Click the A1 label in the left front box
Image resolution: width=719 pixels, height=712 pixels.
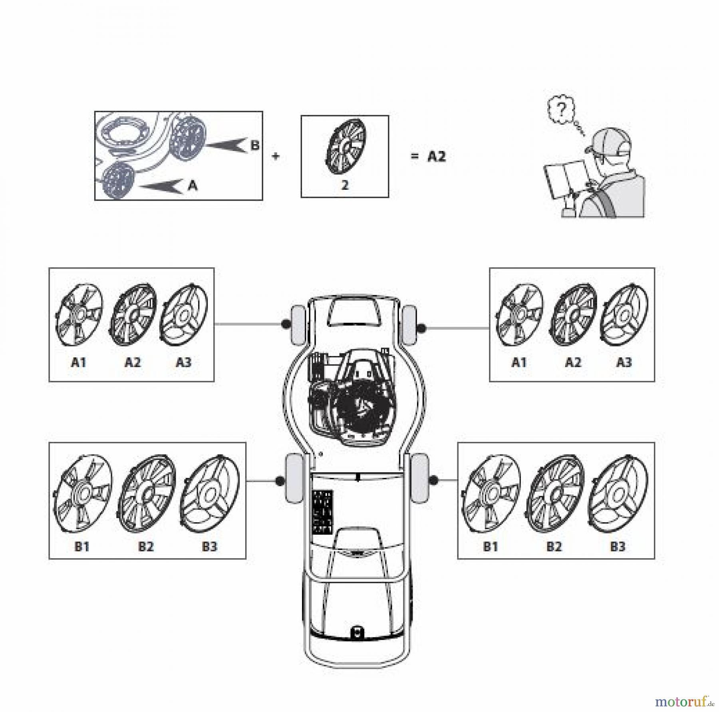click(79, 362)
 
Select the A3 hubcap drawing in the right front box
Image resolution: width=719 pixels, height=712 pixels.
click(624, 314)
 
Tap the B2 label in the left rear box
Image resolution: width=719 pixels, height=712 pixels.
click(146, 546)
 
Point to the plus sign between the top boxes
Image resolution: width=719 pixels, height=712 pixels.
click(275, 156)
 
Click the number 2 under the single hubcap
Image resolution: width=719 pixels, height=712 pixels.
click(345, 185)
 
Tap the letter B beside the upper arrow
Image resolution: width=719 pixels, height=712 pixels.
click(255, 145)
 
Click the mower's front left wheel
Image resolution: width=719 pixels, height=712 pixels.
click(296, 325)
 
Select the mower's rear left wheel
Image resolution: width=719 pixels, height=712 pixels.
click(294, 478)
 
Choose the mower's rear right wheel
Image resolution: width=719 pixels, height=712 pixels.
click(419, 478)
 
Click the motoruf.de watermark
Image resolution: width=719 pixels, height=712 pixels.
click(684, 701)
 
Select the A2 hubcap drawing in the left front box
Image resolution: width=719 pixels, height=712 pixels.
click(133, 314)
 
